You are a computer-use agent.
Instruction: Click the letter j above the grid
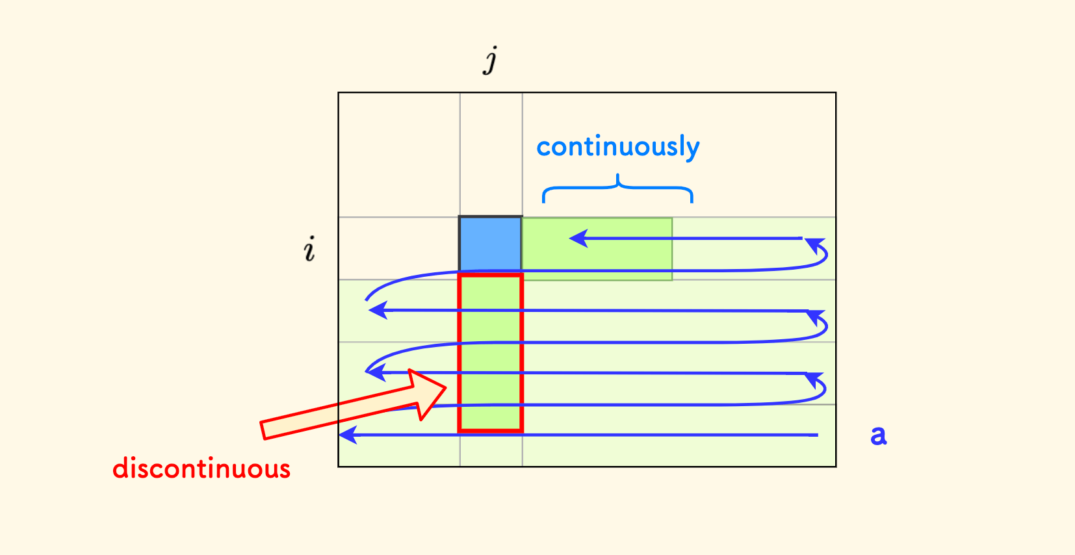(491, 60)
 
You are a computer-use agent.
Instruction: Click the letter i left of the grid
(309, 249)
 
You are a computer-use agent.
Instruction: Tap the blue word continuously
(617, 147)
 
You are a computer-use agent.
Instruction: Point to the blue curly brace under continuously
(617, 188)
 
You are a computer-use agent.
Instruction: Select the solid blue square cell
(490, 243)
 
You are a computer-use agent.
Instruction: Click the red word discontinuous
(201, 469)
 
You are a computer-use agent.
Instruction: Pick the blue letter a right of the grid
(878, 435)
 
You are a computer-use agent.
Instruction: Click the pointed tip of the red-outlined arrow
(446, 388)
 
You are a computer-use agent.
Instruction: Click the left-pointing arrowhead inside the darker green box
(578, 239)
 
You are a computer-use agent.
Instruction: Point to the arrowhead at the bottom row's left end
(348, 435)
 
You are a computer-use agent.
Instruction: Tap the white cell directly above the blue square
(491, 155)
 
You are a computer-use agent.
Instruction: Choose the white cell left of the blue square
(398, 248)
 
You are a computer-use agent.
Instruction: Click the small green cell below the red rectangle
(491, 449)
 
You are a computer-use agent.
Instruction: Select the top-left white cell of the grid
(398, 155)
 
